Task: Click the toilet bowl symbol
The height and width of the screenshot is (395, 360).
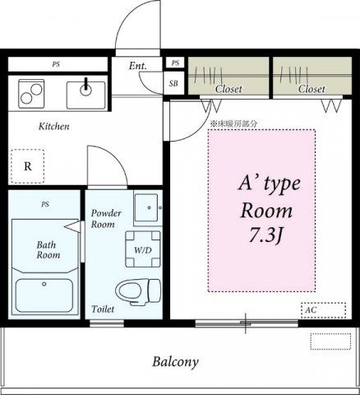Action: (137, 292)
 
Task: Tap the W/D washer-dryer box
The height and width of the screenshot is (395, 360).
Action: (143, 249)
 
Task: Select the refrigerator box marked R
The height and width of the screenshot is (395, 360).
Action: (27, 166)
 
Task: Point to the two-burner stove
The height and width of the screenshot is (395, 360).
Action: (31, 94)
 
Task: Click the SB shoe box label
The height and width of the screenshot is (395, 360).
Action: (173, 83)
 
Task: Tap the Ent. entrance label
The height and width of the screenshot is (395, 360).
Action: (138, 66)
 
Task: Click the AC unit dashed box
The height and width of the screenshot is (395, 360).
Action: (323, 310)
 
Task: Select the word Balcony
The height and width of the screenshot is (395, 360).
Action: (175, 362)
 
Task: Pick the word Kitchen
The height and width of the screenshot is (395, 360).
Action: (53, 127)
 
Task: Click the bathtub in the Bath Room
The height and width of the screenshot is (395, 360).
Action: (44, 295)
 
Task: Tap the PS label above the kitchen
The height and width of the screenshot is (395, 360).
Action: (56, 64)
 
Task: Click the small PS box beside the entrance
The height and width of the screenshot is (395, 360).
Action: (175, 63)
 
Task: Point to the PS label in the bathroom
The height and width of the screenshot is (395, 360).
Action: (45, 204)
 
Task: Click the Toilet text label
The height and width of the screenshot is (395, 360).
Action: (103, 309)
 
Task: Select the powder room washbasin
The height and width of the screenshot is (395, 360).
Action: (146, 207)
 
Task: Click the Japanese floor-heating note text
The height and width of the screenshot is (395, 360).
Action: (233, 123)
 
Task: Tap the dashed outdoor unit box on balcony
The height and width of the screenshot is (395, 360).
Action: (330, 342)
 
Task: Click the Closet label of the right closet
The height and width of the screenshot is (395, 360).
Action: (312, 89)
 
